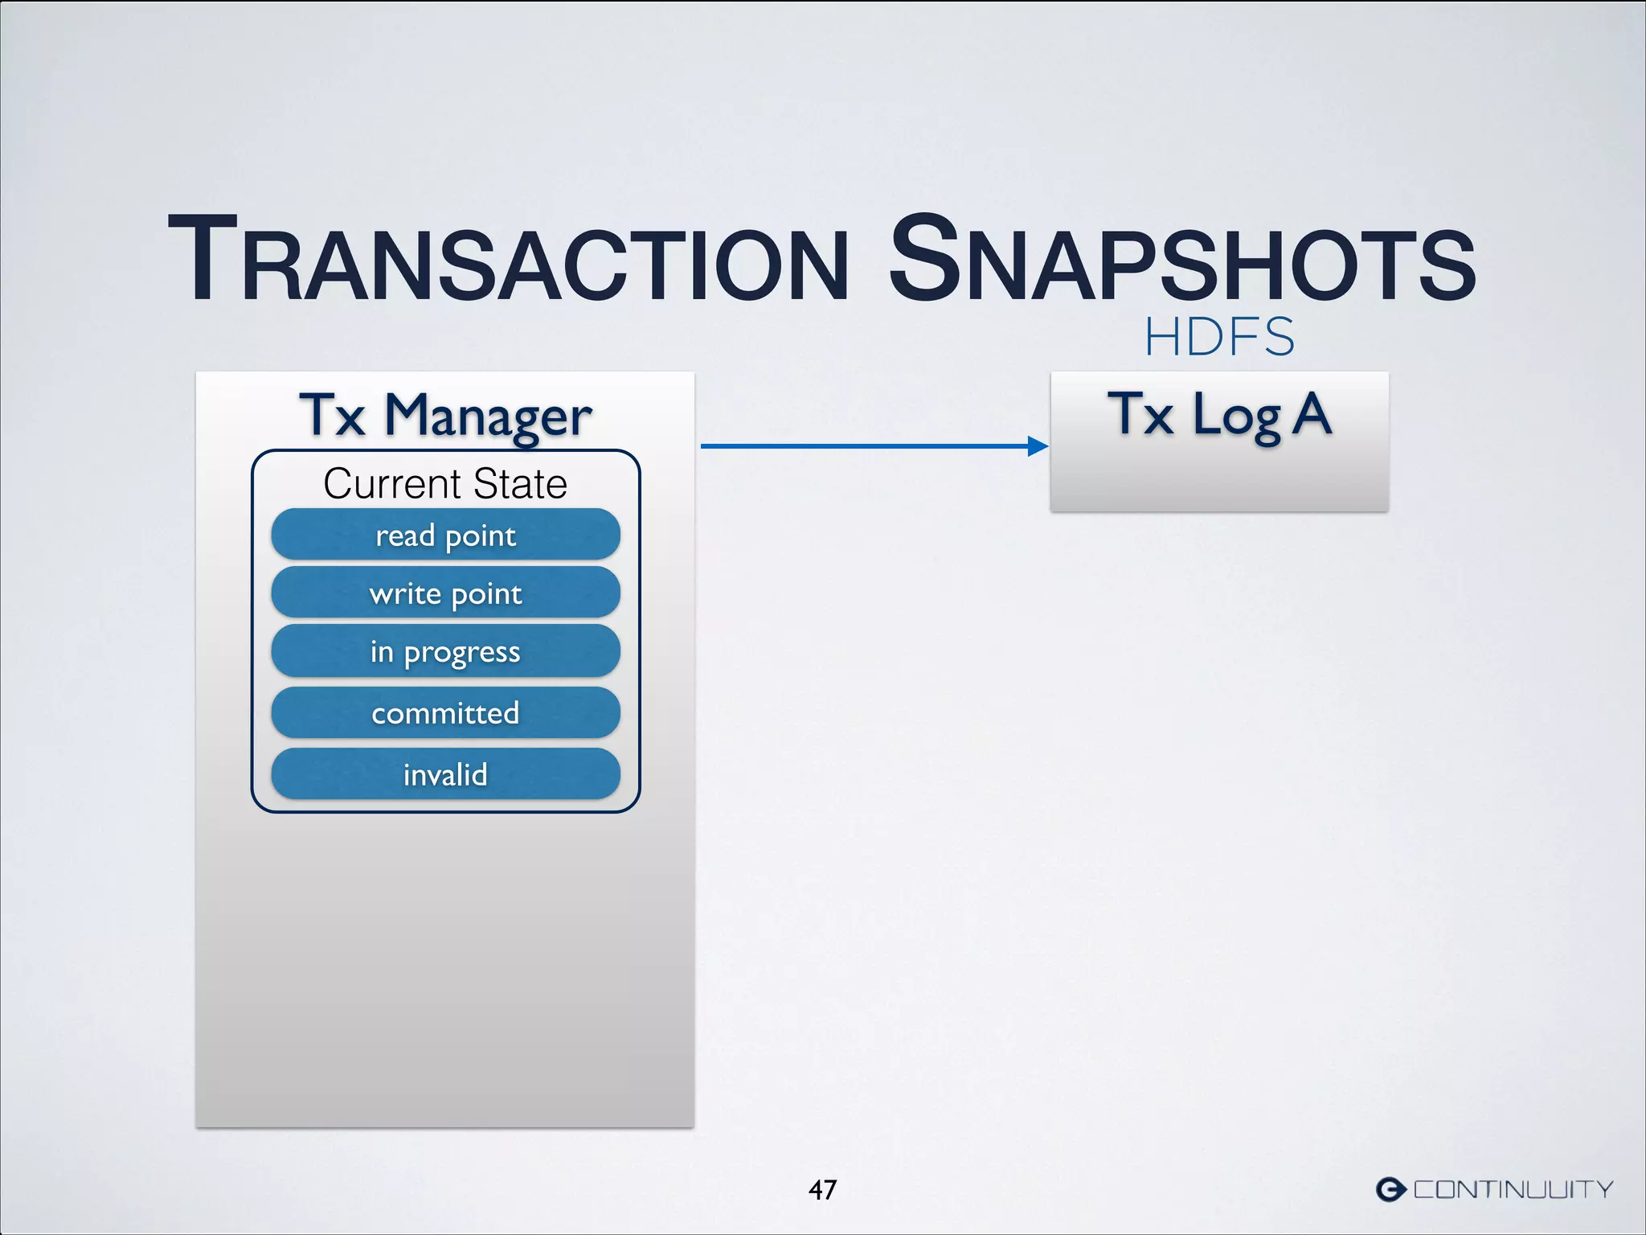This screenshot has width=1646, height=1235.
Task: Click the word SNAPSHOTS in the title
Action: click(x=1181, y=261)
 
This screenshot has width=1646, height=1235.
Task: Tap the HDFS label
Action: click(x=1219, y=337)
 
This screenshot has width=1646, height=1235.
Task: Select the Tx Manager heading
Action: click(x=445, y=416)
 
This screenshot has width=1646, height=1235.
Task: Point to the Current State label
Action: click(x=445, y=484)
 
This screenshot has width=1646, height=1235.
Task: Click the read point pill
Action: click(x=445, y=535)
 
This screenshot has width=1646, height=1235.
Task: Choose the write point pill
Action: click(x=445, y=593)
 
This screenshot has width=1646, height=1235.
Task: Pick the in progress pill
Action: click(x=445, y=652)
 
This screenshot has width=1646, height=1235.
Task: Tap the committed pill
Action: click(x=445, y=713)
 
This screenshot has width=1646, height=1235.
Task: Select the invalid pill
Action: click(x=445, y=774)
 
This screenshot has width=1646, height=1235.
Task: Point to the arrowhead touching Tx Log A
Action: click(x=1038, y=446)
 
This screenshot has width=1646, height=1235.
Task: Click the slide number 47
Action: click(x=822, y=1189)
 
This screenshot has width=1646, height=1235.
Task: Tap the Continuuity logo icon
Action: click(x=1390, y=1189)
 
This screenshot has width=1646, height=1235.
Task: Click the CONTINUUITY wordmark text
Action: click(x=1513, y=1189)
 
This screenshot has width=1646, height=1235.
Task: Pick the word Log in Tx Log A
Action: click(x=1237, y=416)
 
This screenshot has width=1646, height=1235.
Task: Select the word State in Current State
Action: click(x=520, y=484)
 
